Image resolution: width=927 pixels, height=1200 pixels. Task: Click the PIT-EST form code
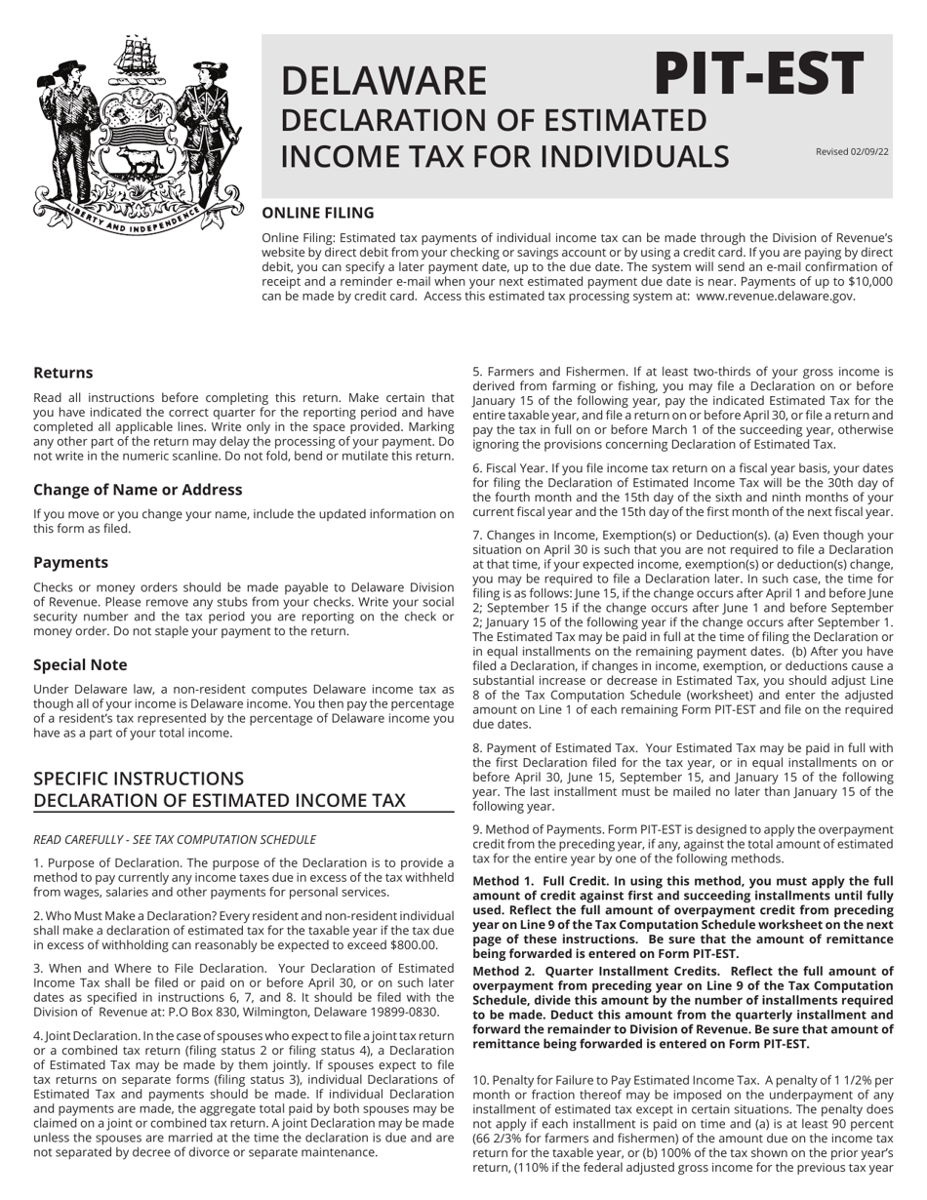coord(758,73)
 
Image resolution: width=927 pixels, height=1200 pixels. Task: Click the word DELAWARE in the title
coord(383,81)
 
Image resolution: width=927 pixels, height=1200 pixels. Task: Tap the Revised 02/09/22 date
coord(852,151)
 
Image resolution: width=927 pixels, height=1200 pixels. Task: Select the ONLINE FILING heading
coord(317,213)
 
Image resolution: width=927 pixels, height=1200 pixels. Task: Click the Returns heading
coord(63,373)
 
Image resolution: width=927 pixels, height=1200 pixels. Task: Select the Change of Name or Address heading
coord(138,489)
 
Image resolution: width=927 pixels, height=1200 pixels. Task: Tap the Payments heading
coord(70,562)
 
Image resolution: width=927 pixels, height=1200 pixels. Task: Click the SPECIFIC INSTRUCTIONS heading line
coord(139,779)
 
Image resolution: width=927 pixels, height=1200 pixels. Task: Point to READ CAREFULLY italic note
coord(175,839)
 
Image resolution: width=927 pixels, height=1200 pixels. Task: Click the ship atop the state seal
coord(135,59)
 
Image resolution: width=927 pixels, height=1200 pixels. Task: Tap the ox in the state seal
coord(136,162)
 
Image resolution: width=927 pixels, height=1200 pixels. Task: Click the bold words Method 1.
coord(504,880)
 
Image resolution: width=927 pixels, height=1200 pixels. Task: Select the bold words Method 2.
coord(504,971)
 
